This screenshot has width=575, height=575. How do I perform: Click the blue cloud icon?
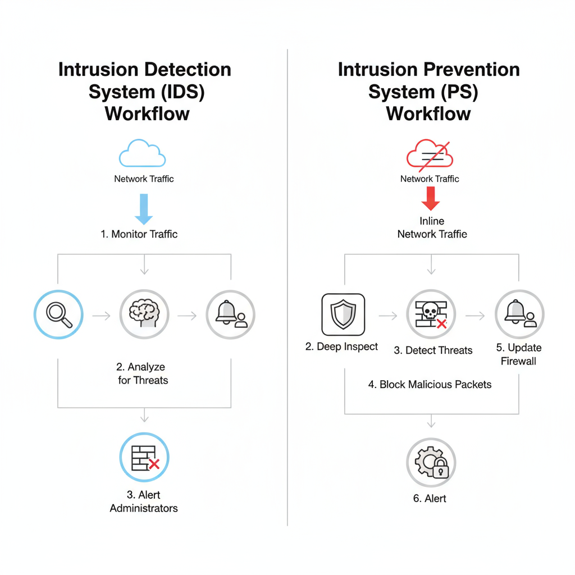[143, 153]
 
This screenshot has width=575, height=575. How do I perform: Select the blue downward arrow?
[144, 209]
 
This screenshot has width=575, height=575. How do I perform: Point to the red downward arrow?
[430, 199]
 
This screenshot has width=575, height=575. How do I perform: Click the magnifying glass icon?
[58, 314]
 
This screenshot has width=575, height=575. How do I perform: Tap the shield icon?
[343, 314]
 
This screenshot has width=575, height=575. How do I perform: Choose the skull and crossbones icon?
[431, 314]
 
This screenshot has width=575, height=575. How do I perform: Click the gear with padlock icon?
[431, 462]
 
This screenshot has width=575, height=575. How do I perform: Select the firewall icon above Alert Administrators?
[144, 458]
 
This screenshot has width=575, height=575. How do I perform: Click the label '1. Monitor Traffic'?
[139, 234]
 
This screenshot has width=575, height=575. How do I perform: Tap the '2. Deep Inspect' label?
[342, 346]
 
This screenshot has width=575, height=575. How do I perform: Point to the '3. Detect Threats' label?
[433, 350]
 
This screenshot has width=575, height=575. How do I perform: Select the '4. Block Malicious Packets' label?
[430, 385]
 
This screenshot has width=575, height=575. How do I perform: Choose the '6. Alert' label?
[430, 498]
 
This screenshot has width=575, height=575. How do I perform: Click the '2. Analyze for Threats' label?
[143, 373]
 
